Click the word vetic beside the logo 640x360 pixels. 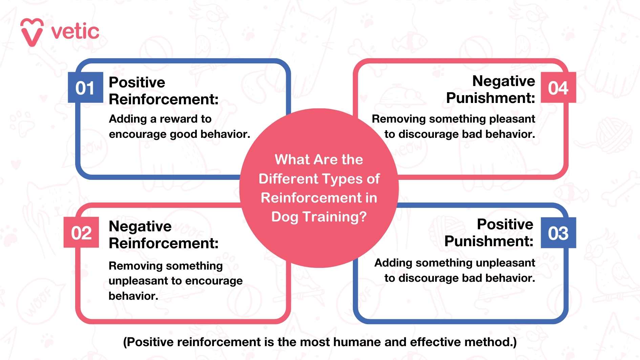(75, 31)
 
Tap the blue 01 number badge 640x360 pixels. (85, 87)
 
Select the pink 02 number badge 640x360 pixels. (81, 232)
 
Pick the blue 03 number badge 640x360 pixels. (558, 233)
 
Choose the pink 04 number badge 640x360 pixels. (558, 87)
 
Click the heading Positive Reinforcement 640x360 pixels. (164, 91)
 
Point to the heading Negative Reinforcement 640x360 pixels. (164, 235)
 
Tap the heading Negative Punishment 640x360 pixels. (491, 89)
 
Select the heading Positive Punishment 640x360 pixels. (489, 233)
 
